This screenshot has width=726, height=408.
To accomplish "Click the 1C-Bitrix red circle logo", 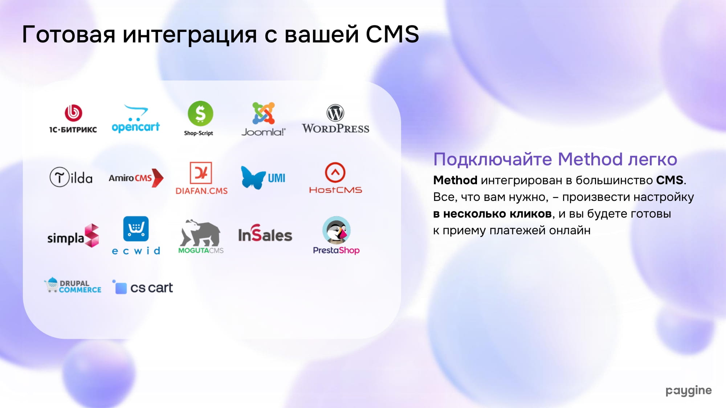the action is (x=73, y=113).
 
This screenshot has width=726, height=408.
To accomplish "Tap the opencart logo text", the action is (x=136, y=127).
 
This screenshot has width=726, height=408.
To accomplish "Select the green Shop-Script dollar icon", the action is (x=200, y=114).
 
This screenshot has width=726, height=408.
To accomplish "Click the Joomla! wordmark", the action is (x=264, y=132).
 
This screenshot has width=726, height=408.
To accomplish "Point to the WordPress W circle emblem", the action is (x=335, y=113).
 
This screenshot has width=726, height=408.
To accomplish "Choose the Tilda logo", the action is (x=71, y=177).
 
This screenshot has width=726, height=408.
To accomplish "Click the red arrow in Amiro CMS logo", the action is (x=158, y=178).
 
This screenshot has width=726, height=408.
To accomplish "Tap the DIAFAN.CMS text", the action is (x=201, y=191).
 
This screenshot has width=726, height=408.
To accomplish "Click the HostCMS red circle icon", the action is (x=335, y=172).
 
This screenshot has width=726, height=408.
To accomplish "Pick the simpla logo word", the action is (x=66, y=238).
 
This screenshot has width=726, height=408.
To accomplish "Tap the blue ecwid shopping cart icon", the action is (x=136, y=229).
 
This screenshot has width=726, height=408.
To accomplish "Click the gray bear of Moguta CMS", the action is (x=200, y=233).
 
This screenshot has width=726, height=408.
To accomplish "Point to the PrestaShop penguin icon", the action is (x=337, y=230).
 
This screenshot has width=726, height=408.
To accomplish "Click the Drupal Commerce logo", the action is (x=73, y=285).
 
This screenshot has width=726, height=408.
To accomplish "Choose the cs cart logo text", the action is (x=151, y=288).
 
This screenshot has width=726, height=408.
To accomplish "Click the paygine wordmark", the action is (x=689, y=391).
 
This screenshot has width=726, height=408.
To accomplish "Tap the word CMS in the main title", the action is (x=392, y=34).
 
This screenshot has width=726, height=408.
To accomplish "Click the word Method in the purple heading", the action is (x=590, y=159).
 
